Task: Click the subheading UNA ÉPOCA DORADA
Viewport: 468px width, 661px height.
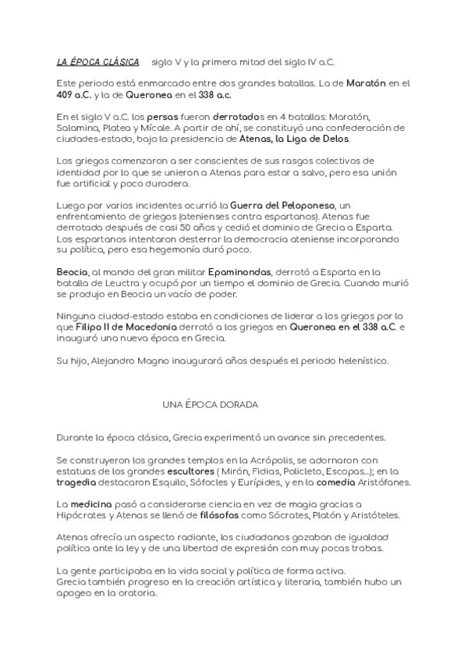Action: (211, 405)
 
